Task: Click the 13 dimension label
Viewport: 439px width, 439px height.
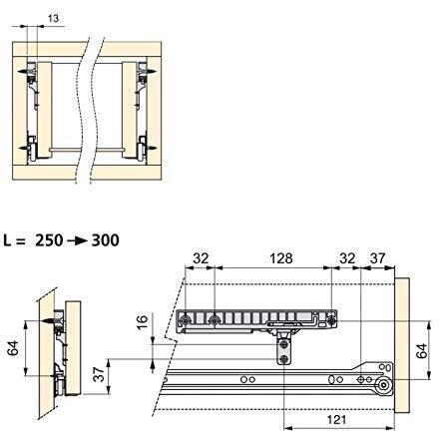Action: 53,18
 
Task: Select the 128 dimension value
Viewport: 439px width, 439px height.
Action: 281,258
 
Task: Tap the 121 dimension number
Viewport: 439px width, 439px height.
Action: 337,420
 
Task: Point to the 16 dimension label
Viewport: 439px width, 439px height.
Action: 142,322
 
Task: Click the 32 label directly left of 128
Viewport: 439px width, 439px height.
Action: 201,258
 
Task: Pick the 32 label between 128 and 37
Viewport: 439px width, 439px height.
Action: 347,258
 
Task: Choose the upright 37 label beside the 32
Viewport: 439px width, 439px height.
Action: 378,258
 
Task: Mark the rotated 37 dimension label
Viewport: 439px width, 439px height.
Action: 100,374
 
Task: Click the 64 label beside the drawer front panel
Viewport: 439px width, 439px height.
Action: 422,351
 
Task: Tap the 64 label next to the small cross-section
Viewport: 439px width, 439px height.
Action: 13,348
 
